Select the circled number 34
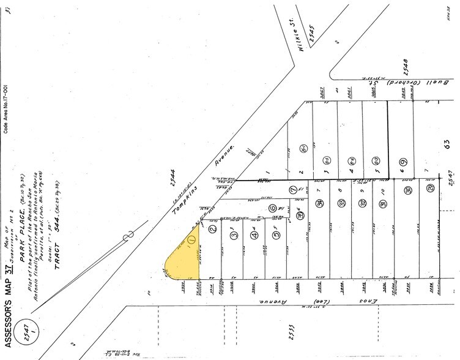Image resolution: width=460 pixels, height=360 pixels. click(x=320, y=204)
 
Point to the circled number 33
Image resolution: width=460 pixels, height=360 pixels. click(x=341, y=204)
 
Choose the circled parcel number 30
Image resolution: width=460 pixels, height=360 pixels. click(x=408, y=190)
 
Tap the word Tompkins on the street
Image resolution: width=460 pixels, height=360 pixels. click(x=177, y=195)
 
